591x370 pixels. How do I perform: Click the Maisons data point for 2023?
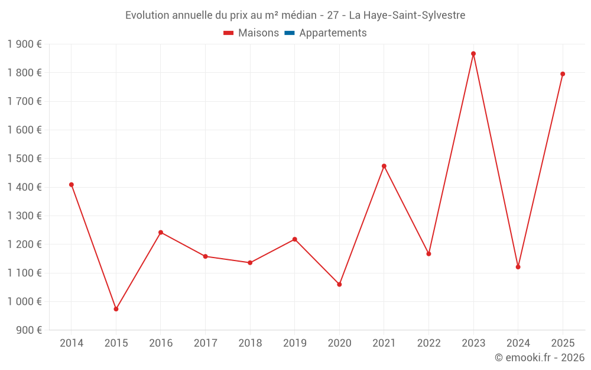pos(473,54)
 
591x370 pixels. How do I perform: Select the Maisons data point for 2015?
pos(116,309)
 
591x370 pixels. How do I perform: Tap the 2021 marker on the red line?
pos(384,166)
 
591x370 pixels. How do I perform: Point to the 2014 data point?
pos(72,185)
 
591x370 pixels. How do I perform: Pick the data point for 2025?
pos(563,74)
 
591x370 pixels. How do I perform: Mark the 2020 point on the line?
pos(339,285)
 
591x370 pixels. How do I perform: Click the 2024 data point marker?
pos(518,267)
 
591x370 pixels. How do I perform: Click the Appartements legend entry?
pos(333,33)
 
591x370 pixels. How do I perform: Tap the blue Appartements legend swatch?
pos(290,33)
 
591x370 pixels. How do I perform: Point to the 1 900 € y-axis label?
pos(24,44)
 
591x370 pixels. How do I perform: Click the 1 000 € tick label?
pos(24,301)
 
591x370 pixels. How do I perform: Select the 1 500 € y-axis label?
pos(24,159)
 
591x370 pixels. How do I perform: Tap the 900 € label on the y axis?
pos(28,330)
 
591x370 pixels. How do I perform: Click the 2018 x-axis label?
pos(250,343)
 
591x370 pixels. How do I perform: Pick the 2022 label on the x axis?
pos(428,343)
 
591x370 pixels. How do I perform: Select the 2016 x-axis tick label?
pos(161,343)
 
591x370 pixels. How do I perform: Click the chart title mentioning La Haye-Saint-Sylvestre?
pos(295,15)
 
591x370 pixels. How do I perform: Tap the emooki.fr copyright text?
pos(540,358)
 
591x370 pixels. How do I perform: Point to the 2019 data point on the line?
pos(295,239)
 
